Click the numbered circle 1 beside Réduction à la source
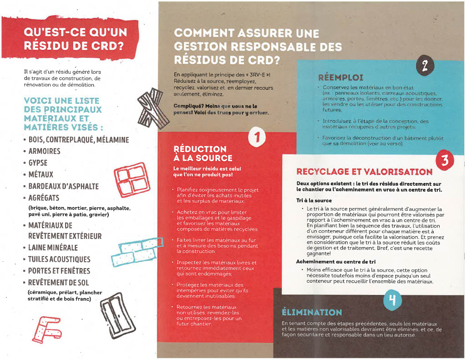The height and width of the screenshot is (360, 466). (x=257, y=137)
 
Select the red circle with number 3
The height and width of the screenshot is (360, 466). (x=445, y=161)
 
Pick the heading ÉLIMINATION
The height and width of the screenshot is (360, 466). (x=312, y=313)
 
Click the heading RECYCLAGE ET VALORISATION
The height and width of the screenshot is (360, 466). (x=364, y=172)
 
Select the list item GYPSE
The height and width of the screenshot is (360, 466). (x=38, y=162)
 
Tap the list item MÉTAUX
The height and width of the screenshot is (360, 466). (x=41, y=174)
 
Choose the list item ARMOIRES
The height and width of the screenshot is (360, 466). (x=44, y=151)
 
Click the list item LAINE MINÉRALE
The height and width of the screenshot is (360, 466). (x=53, y=248)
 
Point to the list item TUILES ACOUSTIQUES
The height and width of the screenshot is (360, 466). (x=59, y=259)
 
